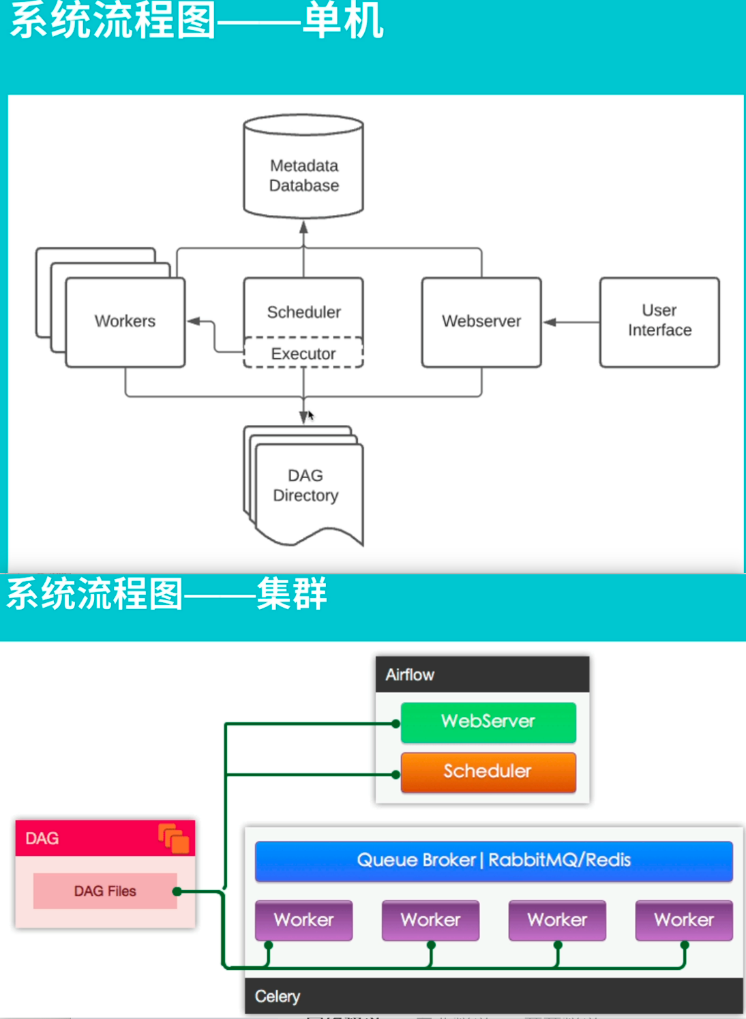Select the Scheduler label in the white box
tap(303, 312)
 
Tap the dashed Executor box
tap(303, 353)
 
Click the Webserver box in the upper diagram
tap(481, 321)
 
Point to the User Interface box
tap(659, 321)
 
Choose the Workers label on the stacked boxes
tap(125, 321)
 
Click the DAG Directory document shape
tap(305, 486)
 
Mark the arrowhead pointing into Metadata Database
tap(303, 228)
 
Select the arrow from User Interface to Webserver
tap(570, 322)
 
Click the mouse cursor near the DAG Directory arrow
tap(310, 415)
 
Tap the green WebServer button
tap(488, 722)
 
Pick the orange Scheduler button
tap(488, 771)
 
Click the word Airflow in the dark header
tap(410, 675)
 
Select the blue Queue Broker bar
tap(494, 860)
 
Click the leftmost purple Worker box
tap(303, 920)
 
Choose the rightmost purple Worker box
tap(684, 920)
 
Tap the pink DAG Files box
tap(105, 891)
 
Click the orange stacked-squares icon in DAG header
tap(174, 839)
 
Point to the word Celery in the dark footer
tap(277, 996)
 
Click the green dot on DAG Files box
tap(177, 891)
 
